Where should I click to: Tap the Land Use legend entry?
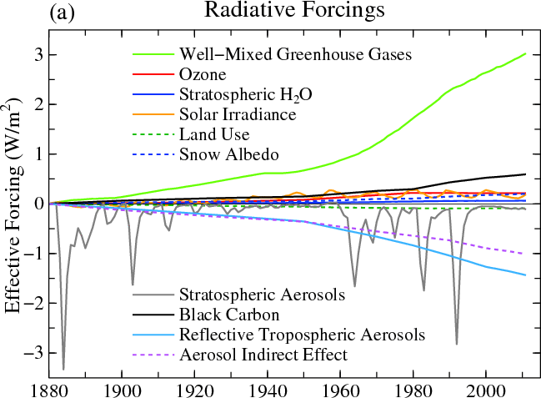pyautogui.click(x=213, y=134)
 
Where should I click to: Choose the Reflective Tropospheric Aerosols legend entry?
pyautogui.click(x=303, y=335)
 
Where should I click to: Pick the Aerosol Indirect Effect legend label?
pyautogui.click(x=263, y=355)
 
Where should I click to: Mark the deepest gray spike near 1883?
pyautogui.click(x=63, y=369)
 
